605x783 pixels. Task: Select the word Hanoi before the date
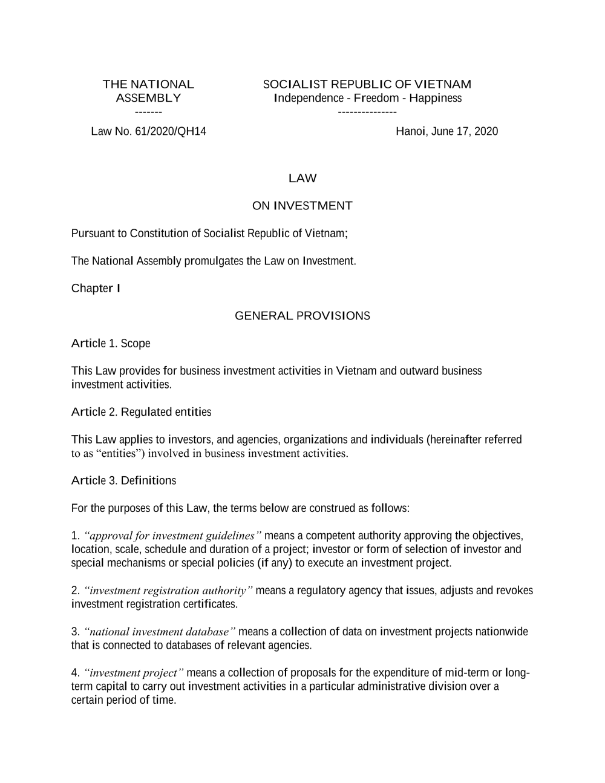[x=411, y=131]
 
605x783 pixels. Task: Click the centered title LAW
[x=302, y=178]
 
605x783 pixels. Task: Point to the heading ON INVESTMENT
[x=302, y=206]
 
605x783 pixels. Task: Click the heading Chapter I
[x=96, y=288]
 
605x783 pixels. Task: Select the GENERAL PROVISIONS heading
[x=302, y=316]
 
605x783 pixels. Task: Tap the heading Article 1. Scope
[x=111, y=344]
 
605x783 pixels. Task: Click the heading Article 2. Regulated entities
[x=141, y=412]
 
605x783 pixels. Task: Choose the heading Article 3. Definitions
[x=123, y=480]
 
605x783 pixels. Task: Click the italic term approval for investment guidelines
[x=173, y=536]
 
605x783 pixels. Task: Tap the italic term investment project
[x=134, y=673]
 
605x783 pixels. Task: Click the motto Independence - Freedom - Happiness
[x=367, y=98]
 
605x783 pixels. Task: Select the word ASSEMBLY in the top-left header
[x=148, y=98]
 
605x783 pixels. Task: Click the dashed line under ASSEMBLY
[x=148, y=112]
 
